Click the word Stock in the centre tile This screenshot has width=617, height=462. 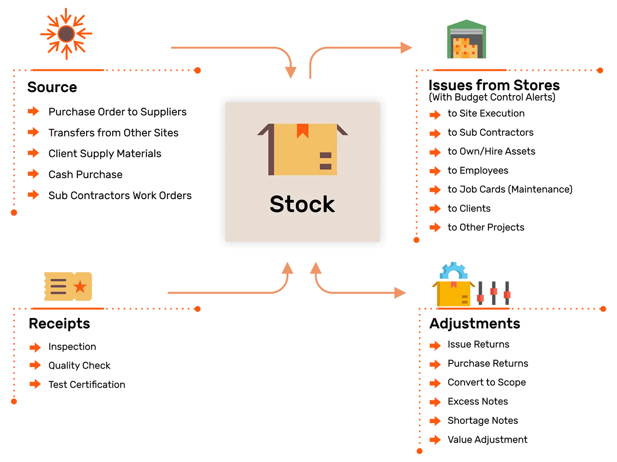click(x=302, y=204)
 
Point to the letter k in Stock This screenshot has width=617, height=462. click(x=329, y=204)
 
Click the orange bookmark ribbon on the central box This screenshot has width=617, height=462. click(x=303, y=131)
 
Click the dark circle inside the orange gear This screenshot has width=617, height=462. click(x=65, y=34)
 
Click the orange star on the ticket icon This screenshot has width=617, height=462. click(x=81, y=286)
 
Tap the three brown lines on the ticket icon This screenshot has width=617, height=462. click(x=58, y=286)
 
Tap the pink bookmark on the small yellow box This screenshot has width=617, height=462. click(x=453, y=284)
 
